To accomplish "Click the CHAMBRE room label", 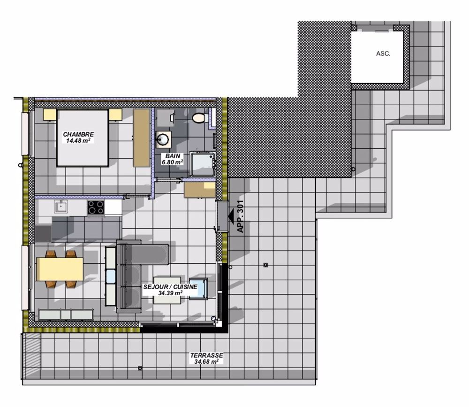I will (78, 134).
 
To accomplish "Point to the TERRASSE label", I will (206, 355).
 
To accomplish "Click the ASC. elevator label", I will (383, 54).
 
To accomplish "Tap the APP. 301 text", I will (241, 217).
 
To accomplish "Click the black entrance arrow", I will (231, 216).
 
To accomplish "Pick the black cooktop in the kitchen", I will (96, 207).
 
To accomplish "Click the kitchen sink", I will (61, 207).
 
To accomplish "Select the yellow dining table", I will (60, 269).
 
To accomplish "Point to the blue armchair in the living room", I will (202, 288).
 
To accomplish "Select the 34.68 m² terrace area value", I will (206, 362).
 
